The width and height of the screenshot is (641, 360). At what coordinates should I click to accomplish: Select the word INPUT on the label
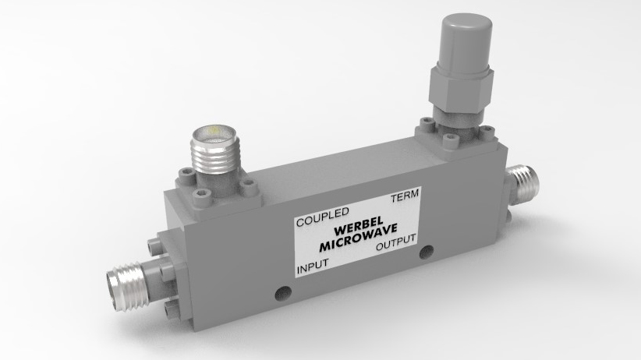[x=313, y=268]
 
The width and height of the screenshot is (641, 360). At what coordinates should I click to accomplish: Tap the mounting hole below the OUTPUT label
[x=425, y=252]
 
